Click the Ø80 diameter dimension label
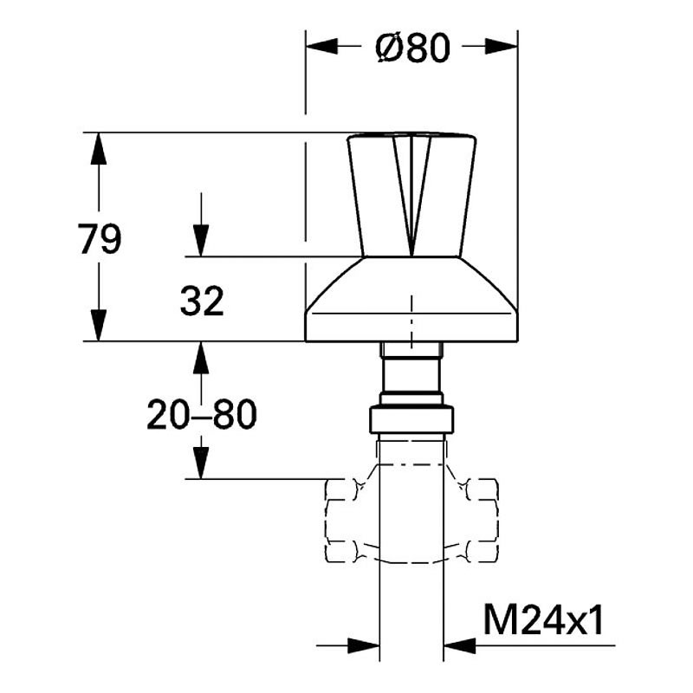click(x=412, y=49)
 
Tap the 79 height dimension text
click(x=99, y=239)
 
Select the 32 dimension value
click(x=202, y=301)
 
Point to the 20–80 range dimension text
click(x=202, y=414)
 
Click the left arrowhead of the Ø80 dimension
click(x=321, y=46)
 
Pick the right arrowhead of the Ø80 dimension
click(x=502, y=46)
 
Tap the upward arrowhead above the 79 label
click(x=99, y=148)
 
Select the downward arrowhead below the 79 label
click(x=99, y=326)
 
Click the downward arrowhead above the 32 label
click(x=201, y=241)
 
